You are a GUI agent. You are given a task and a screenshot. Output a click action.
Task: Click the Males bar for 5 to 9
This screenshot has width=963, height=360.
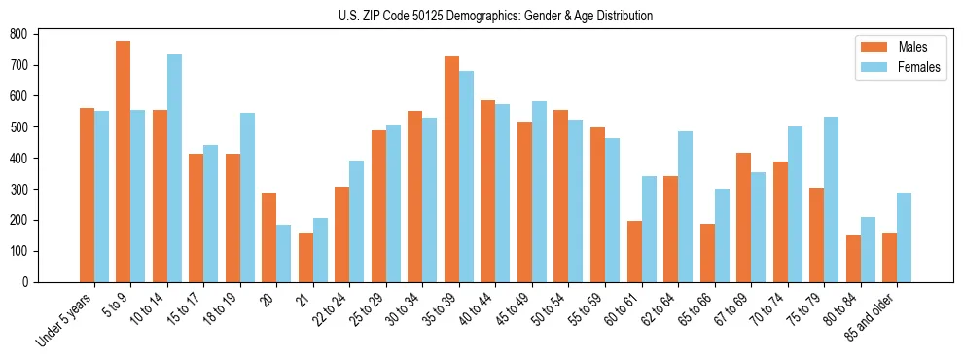(x=124, y=162)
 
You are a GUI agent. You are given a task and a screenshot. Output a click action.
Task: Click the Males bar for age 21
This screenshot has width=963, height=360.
(x=305, y=257)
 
